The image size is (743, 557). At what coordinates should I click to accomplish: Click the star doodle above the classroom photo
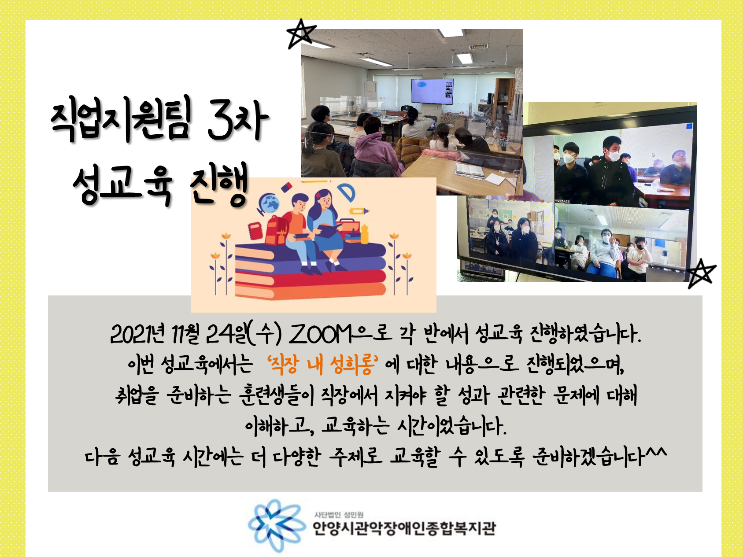point(301,33)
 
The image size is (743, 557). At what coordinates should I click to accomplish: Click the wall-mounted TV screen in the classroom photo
point(432,91)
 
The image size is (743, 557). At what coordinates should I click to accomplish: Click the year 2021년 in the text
point(137,334)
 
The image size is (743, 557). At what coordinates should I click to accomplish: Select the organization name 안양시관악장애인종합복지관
point(404,527)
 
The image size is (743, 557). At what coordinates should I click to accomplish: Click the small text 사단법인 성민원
point(339,514)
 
